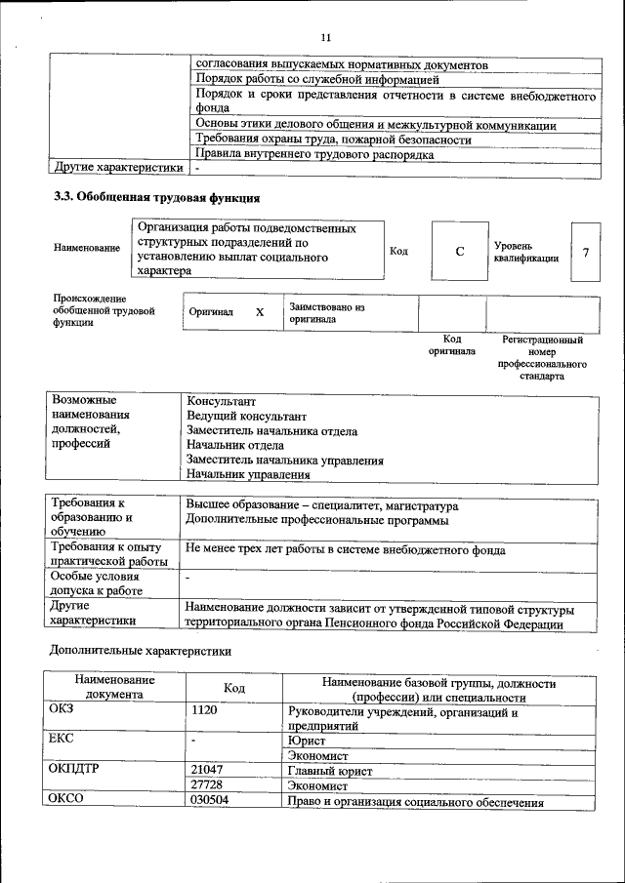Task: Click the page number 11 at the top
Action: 326,37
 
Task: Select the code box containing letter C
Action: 459,252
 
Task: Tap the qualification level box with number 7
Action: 585,252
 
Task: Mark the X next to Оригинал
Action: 260,313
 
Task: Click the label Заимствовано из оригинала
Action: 326,313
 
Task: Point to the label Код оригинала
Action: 452,345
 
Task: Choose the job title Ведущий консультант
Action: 239,416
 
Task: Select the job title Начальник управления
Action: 248,475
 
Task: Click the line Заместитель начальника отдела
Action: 271,430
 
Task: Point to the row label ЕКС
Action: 62,740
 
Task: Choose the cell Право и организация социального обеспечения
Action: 414,802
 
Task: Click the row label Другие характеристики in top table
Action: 118,168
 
